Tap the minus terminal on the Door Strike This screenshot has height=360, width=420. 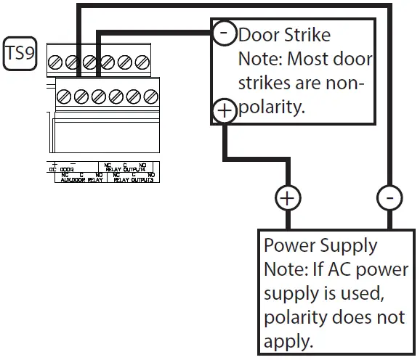[x=224, y=33]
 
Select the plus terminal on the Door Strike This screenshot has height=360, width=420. [x=224, y=110]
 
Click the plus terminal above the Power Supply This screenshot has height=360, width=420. [x=287, y=198]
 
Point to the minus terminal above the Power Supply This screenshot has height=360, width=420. [x=390, y=198]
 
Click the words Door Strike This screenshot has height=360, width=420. [x=284, y=34]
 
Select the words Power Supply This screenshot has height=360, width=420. [x=320, y=245]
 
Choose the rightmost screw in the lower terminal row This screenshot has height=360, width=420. [x=151, y=95]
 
